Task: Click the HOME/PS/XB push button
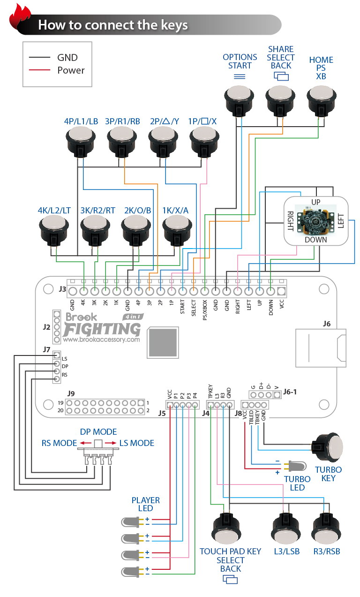pyautogui.click(x=322, y=101)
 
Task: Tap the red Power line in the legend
pyautogui.click(x=39, y=70)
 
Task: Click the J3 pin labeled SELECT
pyautogui.click(x=194, y=291)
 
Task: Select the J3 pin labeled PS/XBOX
pyautogui.click(x=205, y=291)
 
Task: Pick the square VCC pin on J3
pyautogui.click(x=281, y=291)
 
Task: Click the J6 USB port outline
pyautogui.click(x=321, y=348)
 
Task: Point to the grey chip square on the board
pyautogui.click(x=163, y=342)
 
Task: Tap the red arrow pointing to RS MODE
pyautogui.click(x=85, y=443)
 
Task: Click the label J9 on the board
pyautogui.click(x=71, y=393)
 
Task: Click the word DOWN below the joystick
pyautogui.click(x=316, y=240)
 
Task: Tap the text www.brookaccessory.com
pyautogui.click(x=101, y=340)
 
